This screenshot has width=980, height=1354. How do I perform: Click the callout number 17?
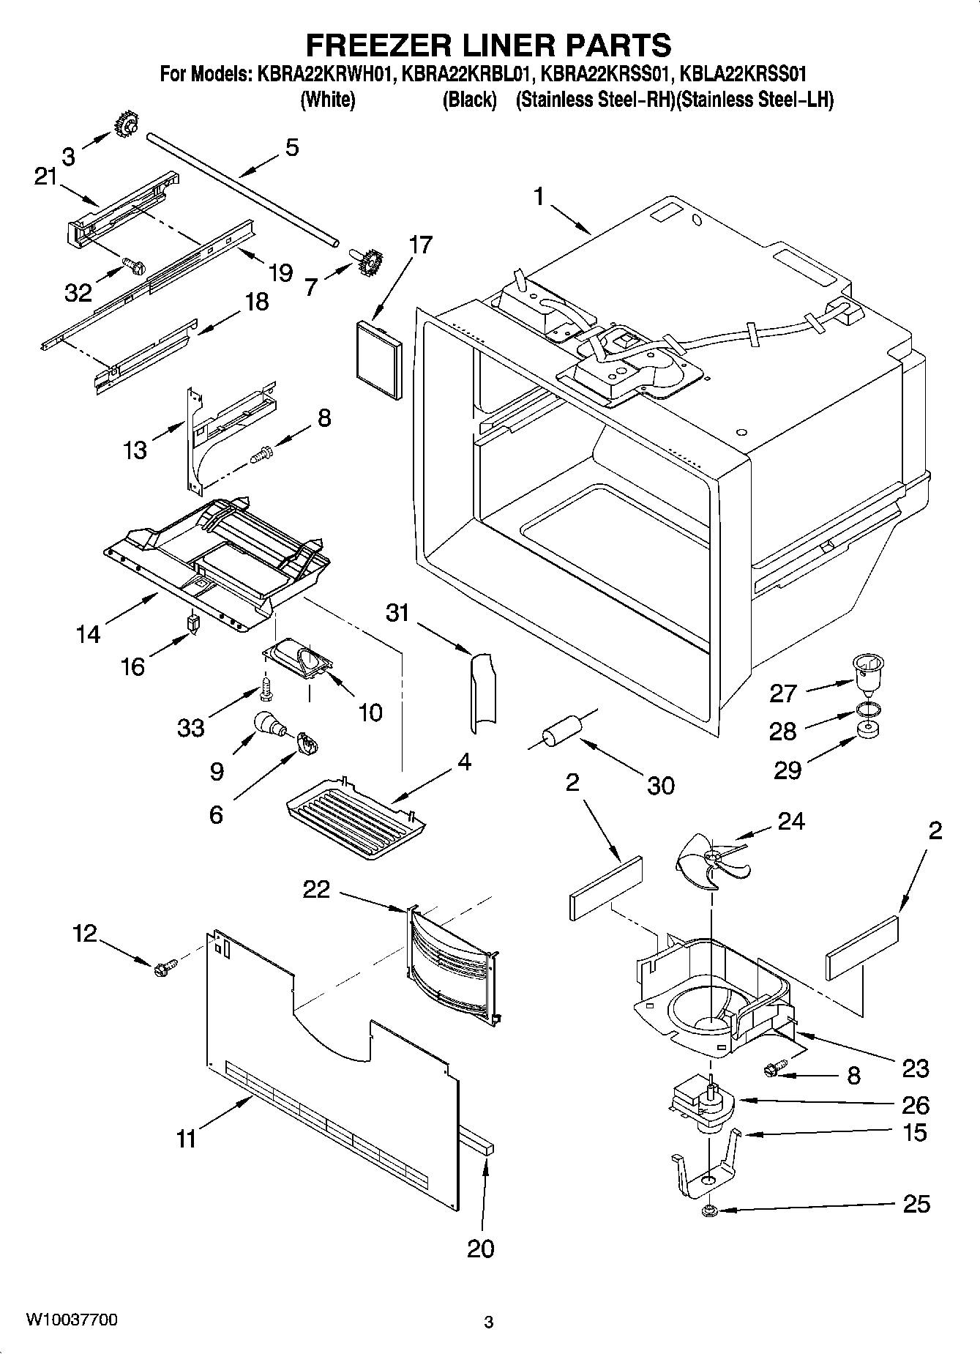tap(421, 245)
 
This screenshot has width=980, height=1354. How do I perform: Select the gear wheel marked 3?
tap(127, 127)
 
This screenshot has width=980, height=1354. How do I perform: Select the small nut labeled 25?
tap(708, 1210)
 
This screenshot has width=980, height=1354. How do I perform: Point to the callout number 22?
tap(317, 889)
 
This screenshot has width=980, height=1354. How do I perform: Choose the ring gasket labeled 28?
tap(867, 710)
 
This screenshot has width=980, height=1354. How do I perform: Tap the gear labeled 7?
tap(370, 261)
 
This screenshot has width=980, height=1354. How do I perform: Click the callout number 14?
tap(89, 633)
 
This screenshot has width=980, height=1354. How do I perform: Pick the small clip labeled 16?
tap(194, 624)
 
